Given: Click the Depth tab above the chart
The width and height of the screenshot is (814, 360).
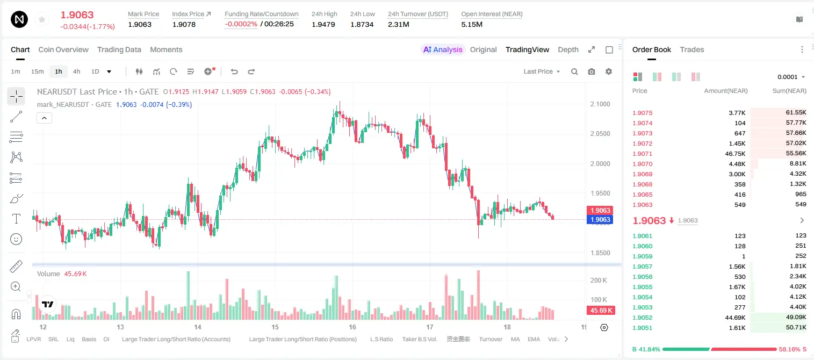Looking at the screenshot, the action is (x=568, y=49).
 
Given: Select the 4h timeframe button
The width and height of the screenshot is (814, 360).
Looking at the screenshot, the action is (x=76, y=71).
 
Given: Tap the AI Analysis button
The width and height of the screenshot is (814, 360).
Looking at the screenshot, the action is (x=443, y=49).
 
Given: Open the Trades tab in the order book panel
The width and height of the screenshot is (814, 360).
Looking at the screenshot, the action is (x=692, y=49).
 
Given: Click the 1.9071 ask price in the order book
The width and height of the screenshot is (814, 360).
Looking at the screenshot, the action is (x=642, y=154).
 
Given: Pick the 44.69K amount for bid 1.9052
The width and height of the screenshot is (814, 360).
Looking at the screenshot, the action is (x=735, y=318).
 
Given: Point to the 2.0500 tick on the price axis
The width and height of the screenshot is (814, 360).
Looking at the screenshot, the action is (x=600, y=134).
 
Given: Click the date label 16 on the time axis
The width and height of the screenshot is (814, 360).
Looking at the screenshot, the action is (x=352, y=327).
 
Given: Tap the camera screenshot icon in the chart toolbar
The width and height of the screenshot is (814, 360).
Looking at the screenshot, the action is (x=592, y=71).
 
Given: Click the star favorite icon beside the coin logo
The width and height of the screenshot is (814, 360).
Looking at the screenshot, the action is (x=42, y=19).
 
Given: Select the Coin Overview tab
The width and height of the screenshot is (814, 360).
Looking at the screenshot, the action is (x=63, y=49).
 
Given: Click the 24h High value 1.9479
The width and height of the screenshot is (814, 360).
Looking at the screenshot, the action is (x=323, y=24).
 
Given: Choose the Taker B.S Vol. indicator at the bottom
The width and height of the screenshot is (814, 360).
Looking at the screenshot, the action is (x=419, y=339).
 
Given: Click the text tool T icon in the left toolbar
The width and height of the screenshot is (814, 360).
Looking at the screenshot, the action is (x=16, y=219).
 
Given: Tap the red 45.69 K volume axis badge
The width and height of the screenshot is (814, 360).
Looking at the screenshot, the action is (x=601, y=310).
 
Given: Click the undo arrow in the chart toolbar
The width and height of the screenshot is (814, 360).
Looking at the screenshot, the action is (x=234, y=71).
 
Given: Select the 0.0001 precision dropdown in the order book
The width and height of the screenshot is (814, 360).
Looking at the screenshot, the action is (x=791, y=77).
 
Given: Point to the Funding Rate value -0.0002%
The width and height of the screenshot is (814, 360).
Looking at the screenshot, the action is (x=241, y=24).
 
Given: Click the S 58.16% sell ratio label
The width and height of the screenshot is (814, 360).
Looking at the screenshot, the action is (x=793, y=349).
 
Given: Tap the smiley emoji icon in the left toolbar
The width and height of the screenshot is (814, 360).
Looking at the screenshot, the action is (x=16, y=239).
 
